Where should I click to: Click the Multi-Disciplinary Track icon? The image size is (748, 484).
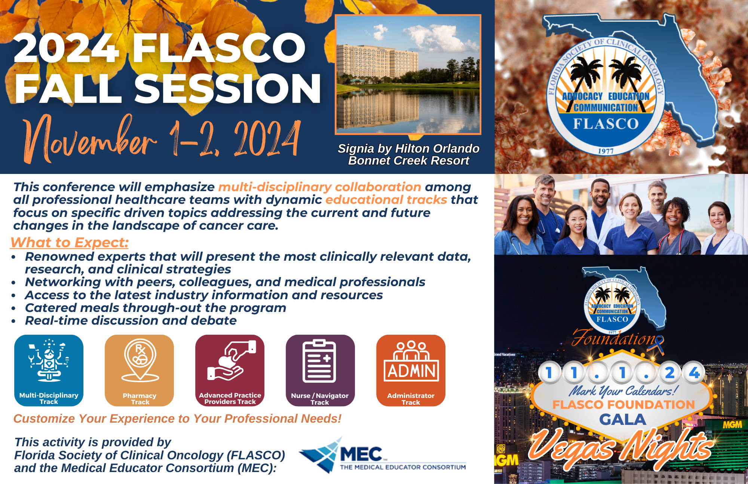49,370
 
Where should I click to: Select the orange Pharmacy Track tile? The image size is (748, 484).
140,370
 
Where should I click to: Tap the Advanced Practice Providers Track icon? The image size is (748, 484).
230,370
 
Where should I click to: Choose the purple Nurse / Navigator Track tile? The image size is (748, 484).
321,370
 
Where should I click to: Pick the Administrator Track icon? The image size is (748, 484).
411,370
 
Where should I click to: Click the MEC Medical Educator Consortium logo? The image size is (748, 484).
383,455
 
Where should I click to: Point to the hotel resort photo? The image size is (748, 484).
408,74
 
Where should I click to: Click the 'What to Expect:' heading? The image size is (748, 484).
70,243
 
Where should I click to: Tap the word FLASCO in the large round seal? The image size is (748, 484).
606,124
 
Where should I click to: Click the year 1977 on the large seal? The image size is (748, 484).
606,151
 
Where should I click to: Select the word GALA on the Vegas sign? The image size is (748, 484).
623,420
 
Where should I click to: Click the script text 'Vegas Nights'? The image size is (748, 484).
621,447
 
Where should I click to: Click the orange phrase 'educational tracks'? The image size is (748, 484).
386,200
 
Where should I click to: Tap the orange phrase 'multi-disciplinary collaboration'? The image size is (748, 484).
320,187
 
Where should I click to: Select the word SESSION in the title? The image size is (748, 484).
228,88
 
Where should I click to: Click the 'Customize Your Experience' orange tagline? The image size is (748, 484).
178,419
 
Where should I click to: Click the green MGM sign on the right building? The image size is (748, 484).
732,425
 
